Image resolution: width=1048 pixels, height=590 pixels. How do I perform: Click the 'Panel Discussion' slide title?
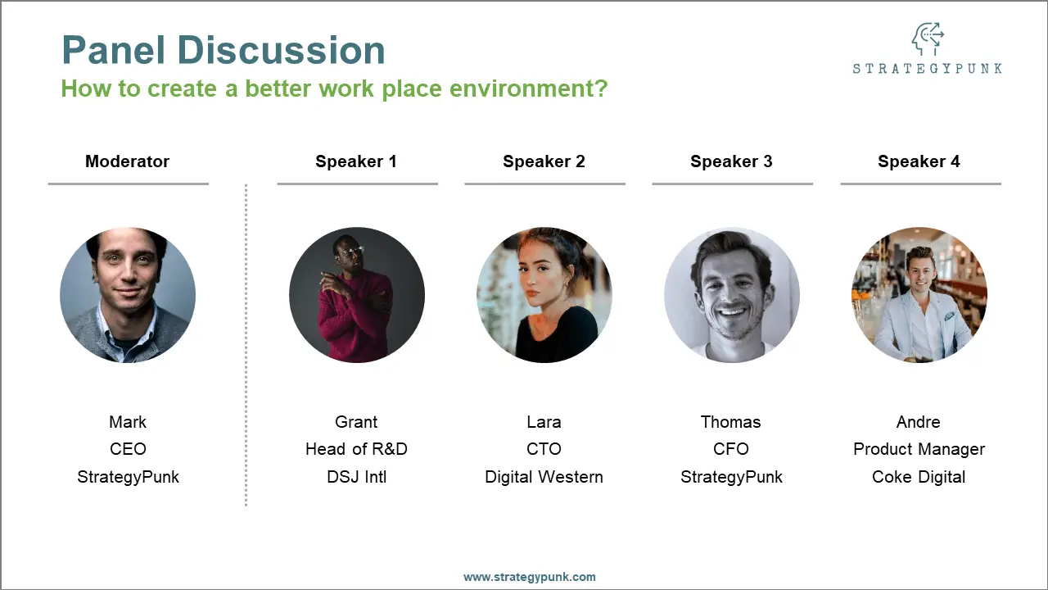click(x=223, y=51)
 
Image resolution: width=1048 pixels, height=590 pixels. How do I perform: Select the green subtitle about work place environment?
click(x=334, y=88)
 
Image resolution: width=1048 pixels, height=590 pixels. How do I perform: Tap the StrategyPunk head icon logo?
click(x=927, y=39)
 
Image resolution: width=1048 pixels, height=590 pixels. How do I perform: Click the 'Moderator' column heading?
click(x=127, y=161)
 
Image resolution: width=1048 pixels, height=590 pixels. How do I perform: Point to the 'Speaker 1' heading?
click(x=356, y=161)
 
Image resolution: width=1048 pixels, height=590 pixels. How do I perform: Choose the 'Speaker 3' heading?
click(x=731, y=161)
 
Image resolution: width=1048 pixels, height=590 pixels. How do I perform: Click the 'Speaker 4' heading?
click(x=919, y=161)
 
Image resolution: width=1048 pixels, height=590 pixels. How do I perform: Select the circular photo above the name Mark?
click(x=128, y=295)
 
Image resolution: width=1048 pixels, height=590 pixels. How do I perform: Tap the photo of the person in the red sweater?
click(x=357, y=295)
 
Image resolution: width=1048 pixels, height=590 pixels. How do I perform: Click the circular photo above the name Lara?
click(x=544, y=295)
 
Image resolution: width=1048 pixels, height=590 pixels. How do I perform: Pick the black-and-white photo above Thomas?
click(x=731, y=295)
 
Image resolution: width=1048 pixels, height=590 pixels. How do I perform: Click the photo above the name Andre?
click(x=919, y=295)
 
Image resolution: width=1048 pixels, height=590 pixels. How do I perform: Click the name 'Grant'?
click(x=356, y=422)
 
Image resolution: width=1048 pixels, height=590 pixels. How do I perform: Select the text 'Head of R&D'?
click(x=356, y=449)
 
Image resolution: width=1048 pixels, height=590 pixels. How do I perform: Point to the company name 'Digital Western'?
click(x=544, y=477)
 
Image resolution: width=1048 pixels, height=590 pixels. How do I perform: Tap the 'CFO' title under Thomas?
click(x=731, y=449)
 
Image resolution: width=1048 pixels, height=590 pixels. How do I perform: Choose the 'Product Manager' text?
click(x=919, y=449)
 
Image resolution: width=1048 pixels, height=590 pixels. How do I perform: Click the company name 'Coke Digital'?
click(x=919, y=477)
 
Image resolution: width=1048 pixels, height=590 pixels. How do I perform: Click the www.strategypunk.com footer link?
click(x=530, y=577)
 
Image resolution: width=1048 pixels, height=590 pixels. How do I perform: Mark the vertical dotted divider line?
click(x=246, y=344)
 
